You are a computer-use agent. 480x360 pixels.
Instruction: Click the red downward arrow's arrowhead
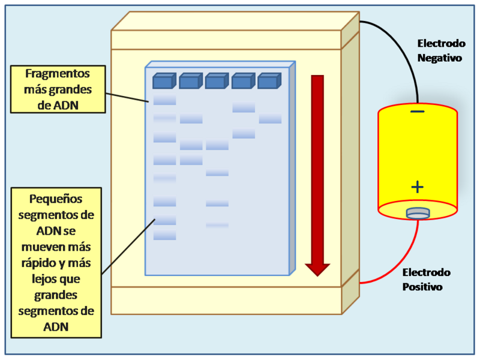tap(317, 268)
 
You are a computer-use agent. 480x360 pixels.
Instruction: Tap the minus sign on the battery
tap(418, 112)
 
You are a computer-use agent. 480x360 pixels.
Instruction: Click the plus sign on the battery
tap(418, 187)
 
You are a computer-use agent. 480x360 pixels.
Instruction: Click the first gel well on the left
tap(163, 81)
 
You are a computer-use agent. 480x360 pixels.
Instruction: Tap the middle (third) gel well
tap(217, 81)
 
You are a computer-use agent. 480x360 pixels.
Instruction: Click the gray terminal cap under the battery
tap(418, 212)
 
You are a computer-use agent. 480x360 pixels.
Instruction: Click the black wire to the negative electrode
tap(402, 48)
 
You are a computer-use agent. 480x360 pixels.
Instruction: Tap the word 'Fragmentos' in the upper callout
tap(58, 74)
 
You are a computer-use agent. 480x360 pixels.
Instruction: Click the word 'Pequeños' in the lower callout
tap(56, 199)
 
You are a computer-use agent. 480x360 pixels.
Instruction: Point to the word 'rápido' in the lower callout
tap(42, 263)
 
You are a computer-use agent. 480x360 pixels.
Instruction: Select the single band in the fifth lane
tap(270, 119)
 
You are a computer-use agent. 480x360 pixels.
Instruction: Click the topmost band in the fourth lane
tap(244, 107)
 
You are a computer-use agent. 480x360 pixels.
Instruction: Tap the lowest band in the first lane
tap(164, 235)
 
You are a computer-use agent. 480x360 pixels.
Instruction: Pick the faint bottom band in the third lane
tap(217, 225)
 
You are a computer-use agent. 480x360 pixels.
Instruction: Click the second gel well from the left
tap(190, 81)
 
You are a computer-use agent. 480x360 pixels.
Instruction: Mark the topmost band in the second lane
tap(191, 119)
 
